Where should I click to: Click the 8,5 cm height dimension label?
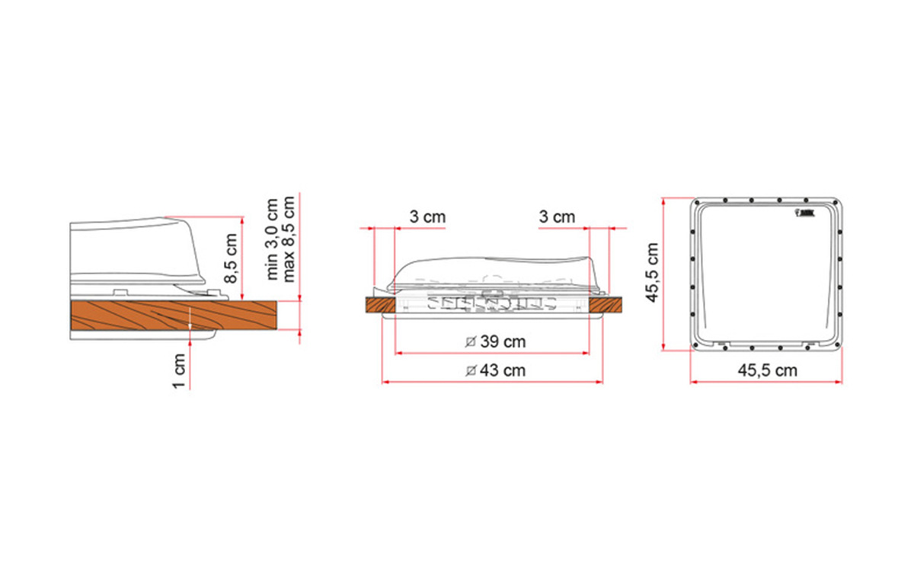tap(231, 258)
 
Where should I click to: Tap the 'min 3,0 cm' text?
tap(271, 239)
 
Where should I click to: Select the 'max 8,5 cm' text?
tap(289, 239)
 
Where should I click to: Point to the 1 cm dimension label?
tap(179, 371)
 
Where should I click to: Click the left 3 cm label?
tap(427, 216)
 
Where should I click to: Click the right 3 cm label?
tap(557, 216)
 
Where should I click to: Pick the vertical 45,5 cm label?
tap(653, 273)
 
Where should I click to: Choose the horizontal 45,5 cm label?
tap(768, 370)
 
